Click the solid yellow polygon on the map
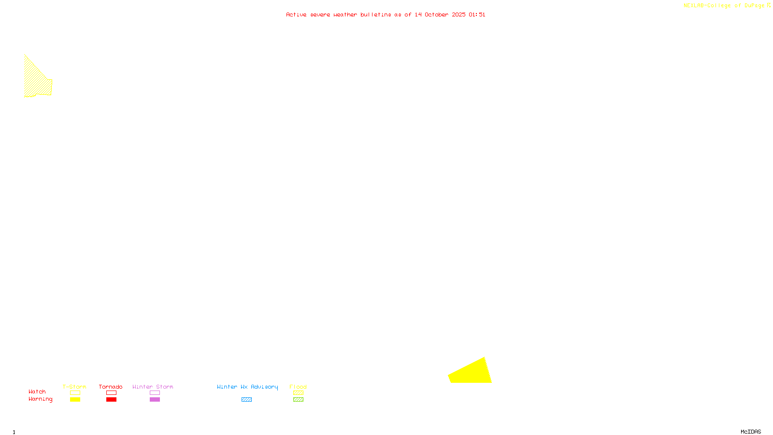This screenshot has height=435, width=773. coord(471,373)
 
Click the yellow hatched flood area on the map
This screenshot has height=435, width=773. coord(36,82)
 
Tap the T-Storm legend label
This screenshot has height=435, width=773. coord(74,387)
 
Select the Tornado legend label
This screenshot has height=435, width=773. coord(111,387)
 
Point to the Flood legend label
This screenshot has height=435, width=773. coord(298,387)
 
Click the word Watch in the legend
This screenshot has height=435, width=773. coord(37,392)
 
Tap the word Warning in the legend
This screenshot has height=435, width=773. coord(41,399)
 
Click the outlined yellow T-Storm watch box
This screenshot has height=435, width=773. coord(75,393)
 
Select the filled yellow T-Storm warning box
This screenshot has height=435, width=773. coord(75,400)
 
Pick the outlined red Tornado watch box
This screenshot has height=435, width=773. coord(111,393)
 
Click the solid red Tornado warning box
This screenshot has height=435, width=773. coord(111,400)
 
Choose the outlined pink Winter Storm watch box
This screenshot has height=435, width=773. coord(155,393)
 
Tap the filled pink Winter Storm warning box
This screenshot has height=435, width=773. coord(155,400)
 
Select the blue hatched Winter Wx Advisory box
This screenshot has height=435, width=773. coord(246,400)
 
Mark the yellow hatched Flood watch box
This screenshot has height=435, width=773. coord(298,393)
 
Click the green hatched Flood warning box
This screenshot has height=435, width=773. coord(298,400)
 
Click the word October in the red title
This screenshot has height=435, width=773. coord(437,14)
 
